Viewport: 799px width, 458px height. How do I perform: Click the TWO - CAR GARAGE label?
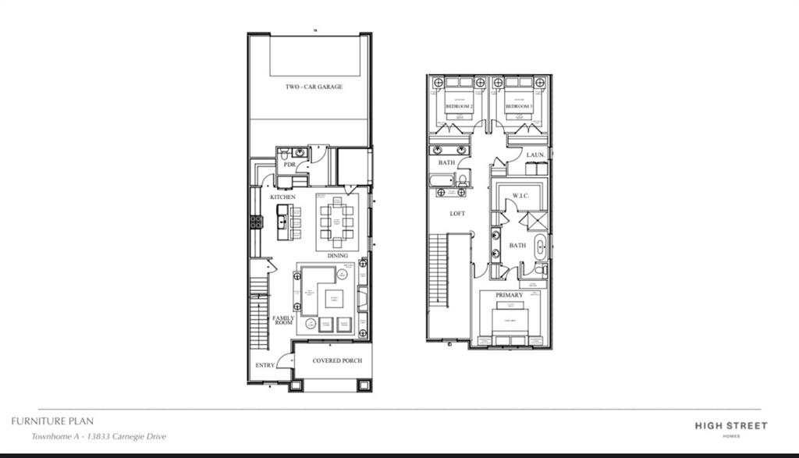314,87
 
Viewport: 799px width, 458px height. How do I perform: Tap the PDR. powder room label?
289,165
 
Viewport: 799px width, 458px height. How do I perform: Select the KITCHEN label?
282,197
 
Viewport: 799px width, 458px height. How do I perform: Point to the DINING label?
337,255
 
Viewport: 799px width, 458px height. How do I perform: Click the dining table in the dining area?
337,221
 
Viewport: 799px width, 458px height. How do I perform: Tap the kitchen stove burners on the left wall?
256,222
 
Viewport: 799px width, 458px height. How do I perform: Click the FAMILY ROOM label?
282,320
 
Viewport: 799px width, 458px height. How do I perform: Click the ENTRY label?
265,365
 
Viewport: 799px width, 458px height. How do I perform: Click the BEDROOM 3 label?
518,106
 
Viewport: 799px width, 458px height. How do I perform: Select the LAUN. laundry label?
535,155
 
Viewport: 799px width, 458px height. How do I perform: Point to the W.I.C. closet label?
520,195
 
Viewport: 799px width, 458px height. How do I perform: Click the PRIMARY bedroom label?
509,295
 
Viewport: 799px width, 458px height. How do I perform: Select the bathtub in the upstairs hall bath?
441,181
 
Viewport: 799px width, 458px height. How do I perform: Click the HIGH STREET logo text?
731,425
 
